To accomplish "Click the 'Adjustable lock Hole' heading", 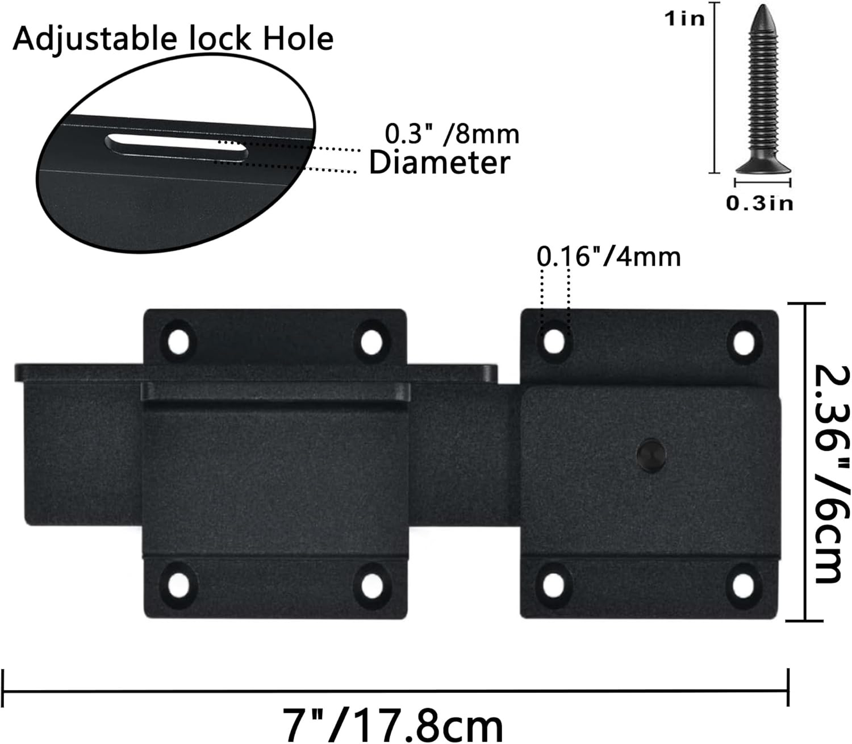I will coord(173,39).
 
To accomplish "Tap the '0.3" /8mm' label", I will coord(452,135).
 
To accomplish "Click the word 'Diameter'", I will coord(440,163).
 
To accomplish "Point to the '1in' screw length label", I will coord(684,18).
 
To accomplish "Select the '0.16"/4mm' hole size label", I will coord(608,257).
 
